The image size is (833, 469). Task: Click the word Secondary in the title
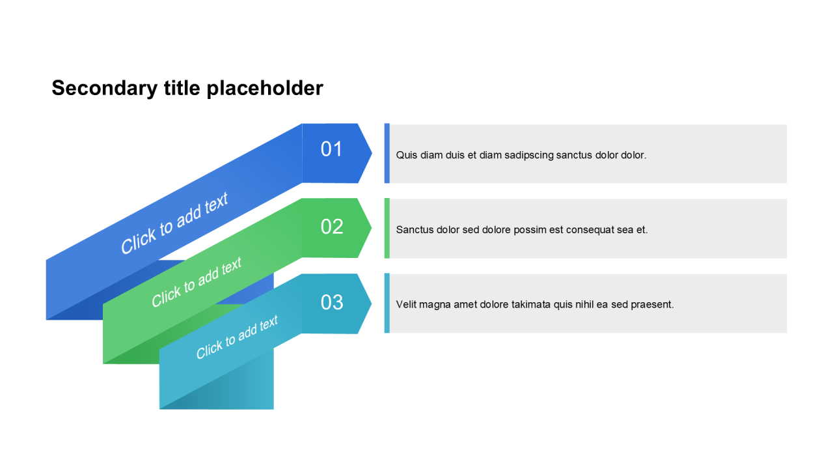click(x=105, y=89)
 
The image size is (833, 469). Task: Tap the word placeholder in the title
click(x=265, y=89)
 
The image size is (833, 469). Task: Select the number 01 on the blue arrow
click(x=331, y=149)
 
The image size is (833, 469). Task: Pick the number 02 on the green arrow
click(x=332, y=226)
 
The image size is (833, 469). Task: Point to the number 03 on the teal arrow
click(x=332, y=302)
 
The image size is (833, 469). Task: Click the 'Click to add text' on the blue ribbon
click(x=174, y=223)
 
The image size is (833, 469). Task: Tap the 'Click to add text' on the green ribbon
click(x=197, y=282)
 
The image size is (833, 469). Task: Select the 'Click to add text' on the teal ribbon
click(x=237, y=337)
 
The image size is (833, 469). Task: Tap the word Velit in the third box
click(x=405, y=304)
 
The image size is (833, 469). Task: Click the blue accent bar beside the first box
click(x=387, y=153)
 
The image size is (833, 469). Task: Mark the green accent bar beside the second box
click(x=387, y=228)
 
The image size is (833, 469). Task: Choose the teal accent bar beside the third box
click(x=387, y=303)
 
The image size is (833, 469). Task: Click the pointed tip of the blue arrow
click(x=372, y=153)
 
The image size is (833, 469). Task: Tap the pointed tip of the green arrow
click(x=372, y=228)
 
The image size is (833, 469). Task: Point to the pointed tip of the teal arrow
click(x=372, y=304)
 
